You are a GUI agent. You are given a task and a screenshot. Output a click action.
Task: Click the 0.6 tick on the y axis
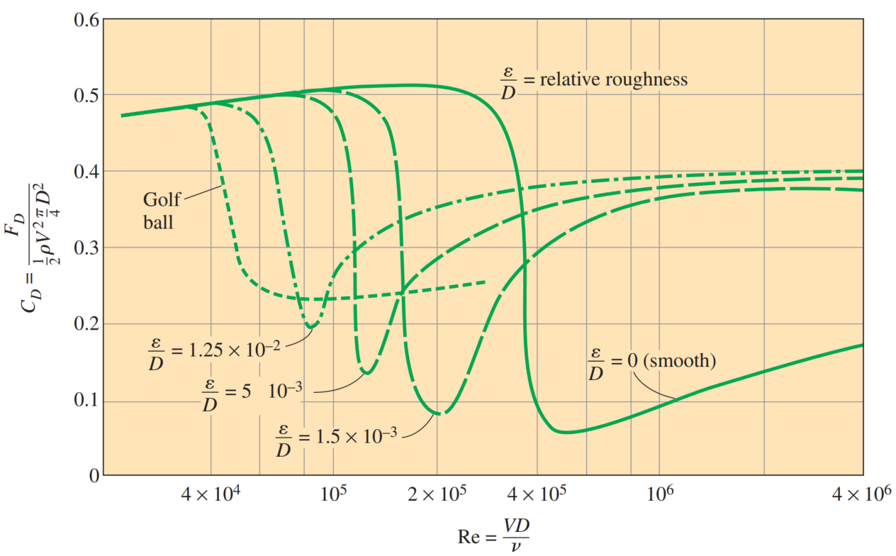[86, 19]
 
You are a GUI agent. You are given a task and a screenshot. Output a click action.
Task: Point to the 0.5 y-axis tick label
[86, 95]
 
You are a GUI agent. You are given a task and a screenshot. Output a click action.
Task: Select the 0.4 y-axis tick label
[86, 172]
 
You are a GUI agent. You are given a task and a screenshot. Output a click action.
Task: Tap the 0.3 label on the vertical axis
[86, 248]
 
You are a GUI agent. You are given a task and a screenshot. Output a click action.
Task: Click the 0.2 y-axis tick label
[86, 324]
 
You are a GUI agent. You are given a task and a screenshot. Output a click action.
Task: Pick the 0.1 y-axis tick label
[86, 401]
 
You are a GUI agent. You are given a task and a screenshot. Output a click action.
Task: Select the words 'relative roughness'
[614, 79]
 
